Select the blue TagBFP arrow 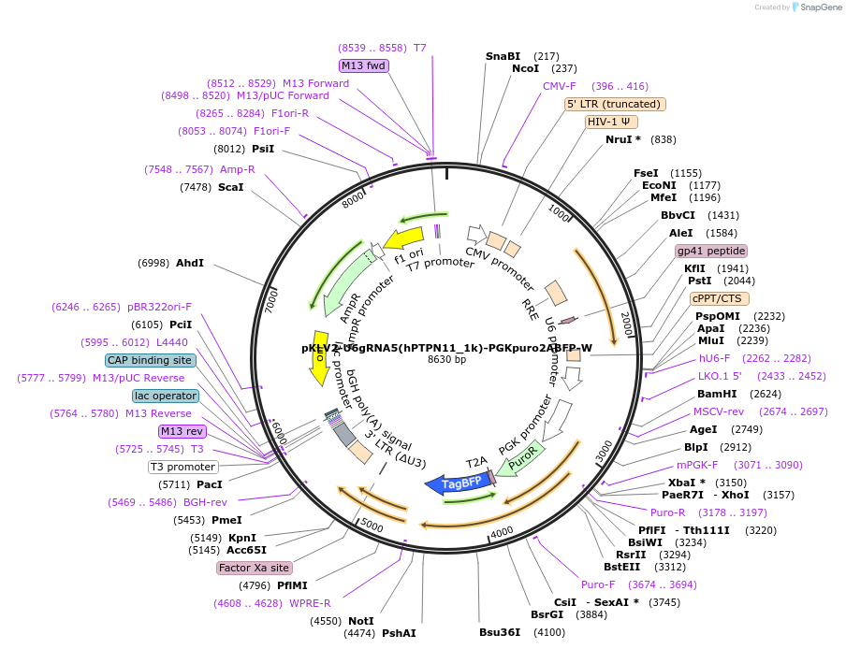[x=456, y=483]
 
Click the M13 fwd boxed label [x=364, y=65]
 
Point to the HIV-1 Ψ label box [x=612, y=122]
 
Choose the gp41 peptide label [x=711, y=251]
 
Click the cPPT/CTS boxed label [x=717, y=298]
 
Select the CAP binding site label [x=150, y=360]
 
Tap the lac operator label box [x=166, y=396]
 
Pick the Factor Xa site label [x=254, y=568]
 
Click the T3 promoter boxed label [x=183, y=467]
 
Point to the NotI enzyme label [x=360, y=621]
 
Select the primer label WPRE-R [x=310, y=603]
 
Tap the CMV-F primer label [x=560, y=86]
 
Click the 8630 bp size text [x=446, y=360]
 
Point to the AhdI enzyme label [x=189, y=264]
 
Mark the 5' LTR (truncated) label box [x=615, y=104]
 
